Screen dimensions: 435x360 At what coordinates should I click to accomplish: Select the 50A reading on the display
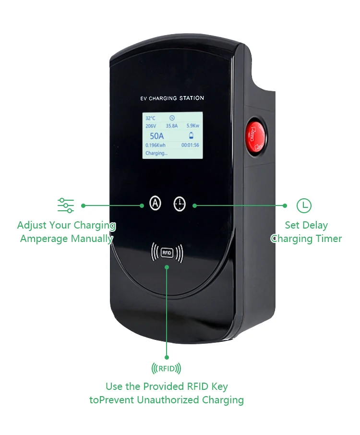tap(156, 136)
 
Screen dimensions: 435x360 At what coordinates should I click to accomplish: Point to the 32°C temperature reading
tap(151, 118)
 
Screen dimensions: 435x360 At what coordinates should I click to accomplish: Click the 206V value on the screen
tap(151, 126)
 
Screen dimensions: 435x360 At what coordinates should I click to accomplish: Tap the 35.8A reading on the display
tap(172, 126)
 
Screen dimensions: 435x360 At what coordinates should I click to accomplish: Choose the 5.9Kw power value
tap(193, 126)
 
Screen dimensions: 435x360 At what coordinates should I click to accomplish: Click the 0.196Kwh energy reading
tap(156, 145)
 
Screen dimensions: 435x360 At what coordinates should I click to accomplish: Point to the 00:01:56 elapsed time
tap(190, 145)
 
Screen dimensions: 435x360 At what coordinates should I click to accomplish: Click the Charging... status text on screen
tap(156, 153)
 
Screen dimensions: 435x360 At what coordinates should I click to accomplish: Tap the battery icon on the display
tap(192, 135)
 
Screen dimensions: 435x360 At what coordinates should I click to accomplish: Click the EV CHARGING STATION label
tap(172, 98)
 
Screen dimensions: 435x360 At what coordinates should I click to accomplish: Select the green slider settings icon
tap(66, 205)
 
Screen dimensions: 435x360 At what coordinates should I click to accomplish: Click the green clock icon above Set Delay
tap(304, 205)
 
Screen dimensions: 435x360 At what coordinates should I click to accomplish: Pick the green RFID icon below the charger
tap(166, 369)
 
